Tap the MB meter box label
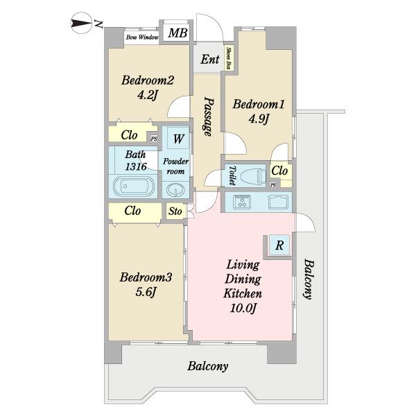point(178,33)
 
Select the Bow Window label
point(142,37)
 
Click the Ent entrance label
point(210,60)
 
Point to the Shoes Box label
point(228,58)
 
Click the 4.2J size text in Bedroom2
point(148,95)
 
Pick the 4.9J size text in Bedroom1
point(259,119)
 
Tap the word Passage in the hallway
point(209,116)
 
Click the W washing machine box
point(178,138)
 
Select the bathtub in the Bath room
point(133,187)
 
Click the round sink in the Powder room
point(175,190)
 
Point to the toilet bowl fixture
point(252,175)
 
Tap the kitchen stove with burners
point(242,201)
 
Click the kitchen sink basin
point(278,202)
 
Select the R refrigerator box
point(279,245)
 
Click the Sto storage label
point(175,211)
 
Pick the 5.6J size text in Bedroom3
point(146,293)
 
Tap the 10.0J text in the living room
point(243,308)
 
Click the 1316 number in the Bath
point(136,166)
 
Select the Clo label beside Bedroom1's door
point(279,171)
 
